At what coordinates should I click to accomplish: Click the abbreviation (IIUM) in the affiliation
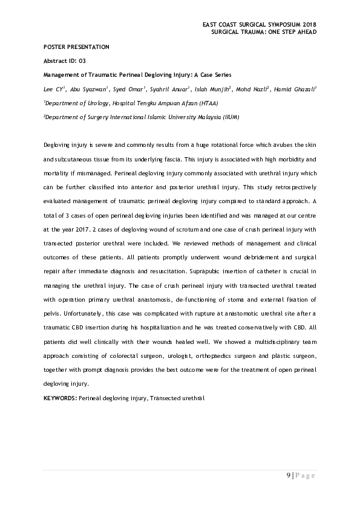click(229, 117)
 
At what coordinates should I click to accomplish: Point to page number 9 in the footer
click(289, 475)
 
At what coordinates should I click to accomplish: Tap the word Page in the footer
click(306, 475)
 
